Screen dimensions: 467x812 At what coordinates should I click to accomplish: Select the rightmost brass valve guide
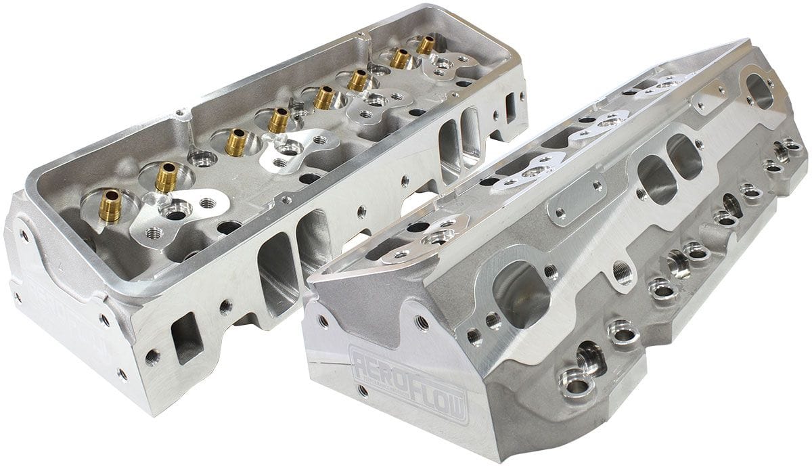tap(426, 45)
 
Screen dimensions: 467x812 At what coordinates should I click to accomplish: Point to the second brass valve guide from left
tap(166, 177)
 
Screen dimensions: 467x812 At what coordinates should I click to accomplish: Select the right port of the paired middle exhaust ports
tap(683, 156)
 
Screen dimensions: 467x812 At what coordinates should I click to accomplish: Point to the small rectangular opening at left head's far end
tap(510, 106)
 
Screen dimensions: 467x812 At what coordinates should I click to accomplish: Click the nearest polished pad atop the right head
tap(426, 237)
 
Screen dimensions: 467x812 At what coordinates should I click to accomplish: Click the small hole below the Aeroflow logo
tap(363, 391)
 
